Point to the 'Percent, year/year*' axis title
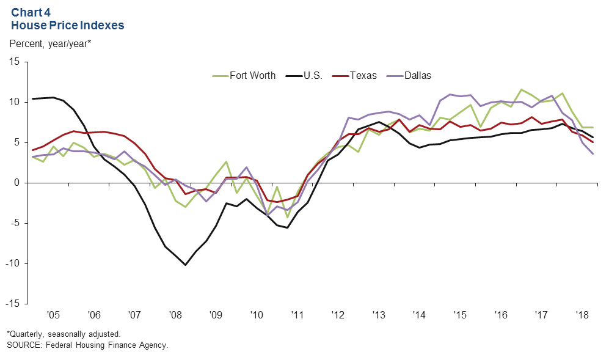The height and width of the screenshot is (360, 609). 50,43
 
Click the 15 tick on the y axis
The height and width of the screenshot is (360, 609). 14,62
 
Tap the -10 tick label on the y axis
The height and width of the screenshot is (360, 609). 12,263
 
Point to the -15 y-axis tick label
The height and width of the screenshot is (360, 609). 12,304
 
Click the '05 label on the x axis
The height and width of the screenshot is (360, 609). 53,315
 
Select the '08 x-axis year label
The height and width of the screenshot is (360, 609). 175,315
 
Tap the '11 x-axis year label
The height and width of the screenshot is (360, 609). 297,315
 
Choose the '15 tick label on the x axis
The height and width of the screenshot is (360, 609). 459,315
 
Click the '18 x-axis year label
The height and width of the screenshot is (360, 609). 581,315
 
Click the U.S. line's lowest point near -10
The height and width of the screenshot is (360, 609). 185,265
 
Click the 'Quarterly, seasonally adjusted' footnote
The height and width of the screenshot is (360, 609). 64,334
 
